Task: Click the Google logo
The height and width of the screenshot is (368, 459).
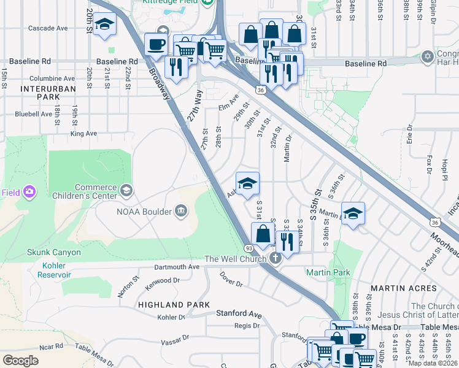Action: pyautogui.click(x=21, y=361)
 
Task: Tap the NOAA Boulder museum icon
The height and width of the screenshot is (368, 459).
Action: pyautogui.click(x=181, y=212)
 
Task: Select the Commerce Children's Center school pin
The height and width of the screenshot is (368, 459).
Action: pyautogui.click(x=126, y=191)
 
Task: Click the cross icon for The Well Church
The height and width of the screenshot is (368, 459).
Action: pyautogui.click(x=275, y=258)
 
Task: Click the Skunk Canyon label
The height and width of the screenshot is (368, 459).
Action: pyautogui.click(x=53, y=252)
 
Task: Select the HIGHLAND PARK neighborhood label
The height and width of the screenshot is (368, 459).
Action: pyautogui.click(x=174, y=305)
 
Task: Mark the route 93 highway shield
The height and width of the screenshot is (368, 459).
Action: pyautogui.click(x=250, y=248)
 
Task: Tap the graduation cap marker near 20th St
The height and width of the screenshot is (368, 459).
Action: pyautogui.click(x=106, y=25)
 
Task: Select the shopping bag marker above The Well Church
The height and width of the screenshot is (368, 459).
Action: pyautogui.click(x=263, y=234)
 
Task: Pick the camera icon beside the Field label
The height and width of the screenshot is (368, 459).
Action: pyautogui.click(x=29, y=192)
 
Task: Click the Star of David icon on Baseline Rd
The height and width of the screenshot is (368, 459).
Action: pyautogui.click(x=427, y=57)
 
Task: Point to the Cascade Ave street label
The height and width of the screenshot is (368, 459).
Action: pyautogui.click(x=48, y=28)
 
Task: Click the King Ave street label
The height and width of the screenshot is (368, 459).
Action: pyautogui.click(x=83, y=133)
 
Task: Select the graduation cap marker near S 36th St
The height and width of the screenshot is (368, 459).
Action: pyautogui.click(x=353, y=213)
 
